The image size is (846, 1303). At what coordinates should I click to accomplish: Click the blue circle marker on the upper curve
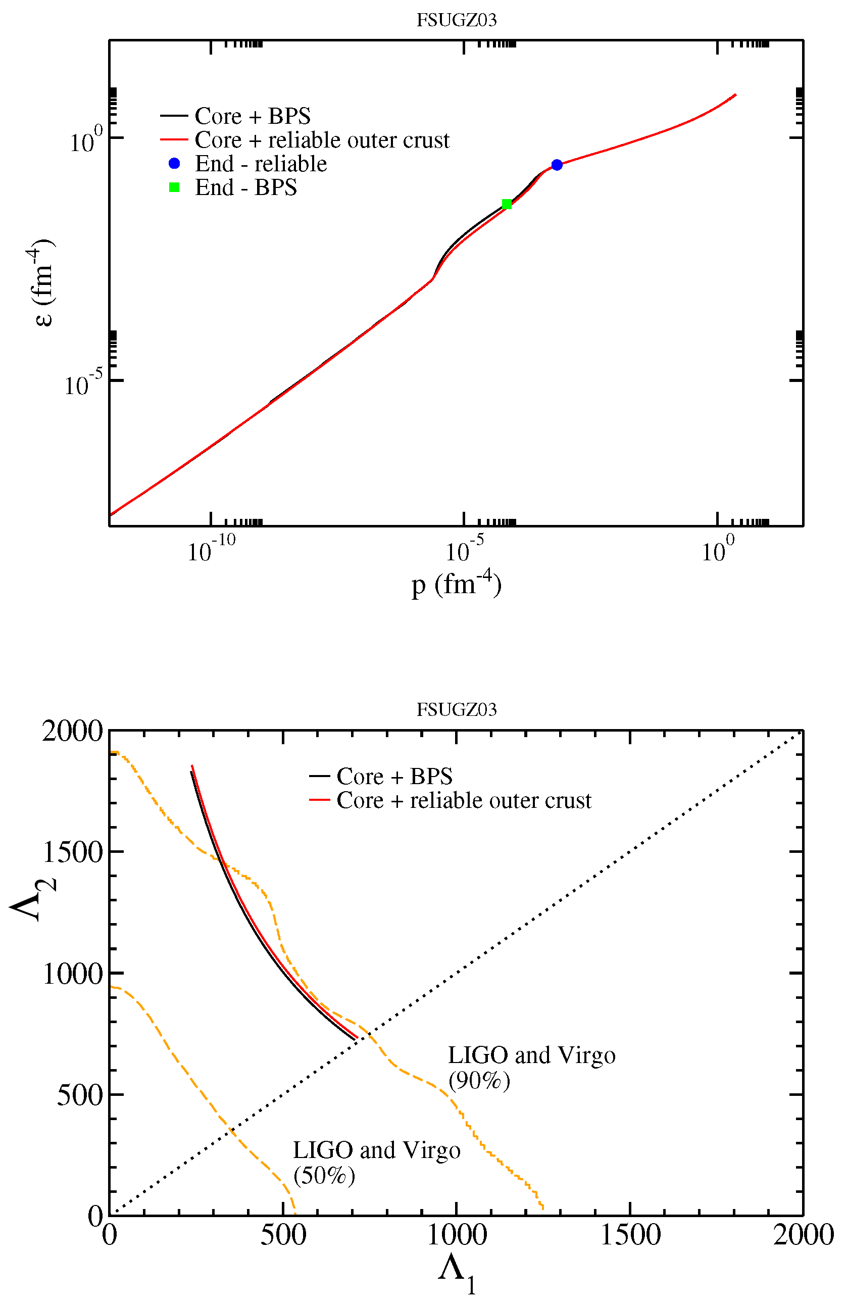click(557, 165)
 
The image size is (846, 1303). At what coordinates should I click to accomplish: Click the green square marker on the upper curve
click(507, 204)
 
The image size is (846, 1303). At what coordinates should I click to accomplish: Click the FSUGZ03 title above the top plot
click(457, 20)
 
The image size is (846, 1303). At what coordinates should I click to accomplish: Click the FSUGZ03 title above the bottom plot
click(457, 709)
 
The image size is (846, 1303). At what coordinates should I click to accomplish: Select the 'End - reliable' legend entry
click(261, 164)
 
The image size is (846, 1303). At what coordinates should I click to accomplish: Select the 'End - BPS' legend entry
click(245, 188)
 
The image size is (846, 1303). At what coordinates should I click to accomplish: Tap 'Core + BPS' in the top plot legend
click(252, 116)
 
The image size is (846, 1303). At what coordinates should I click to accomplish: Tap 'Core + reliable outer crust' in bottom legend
click(464, 800)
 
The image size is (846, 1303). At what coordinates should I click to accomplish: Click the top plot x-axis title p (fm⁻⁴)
click(457, 585)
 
